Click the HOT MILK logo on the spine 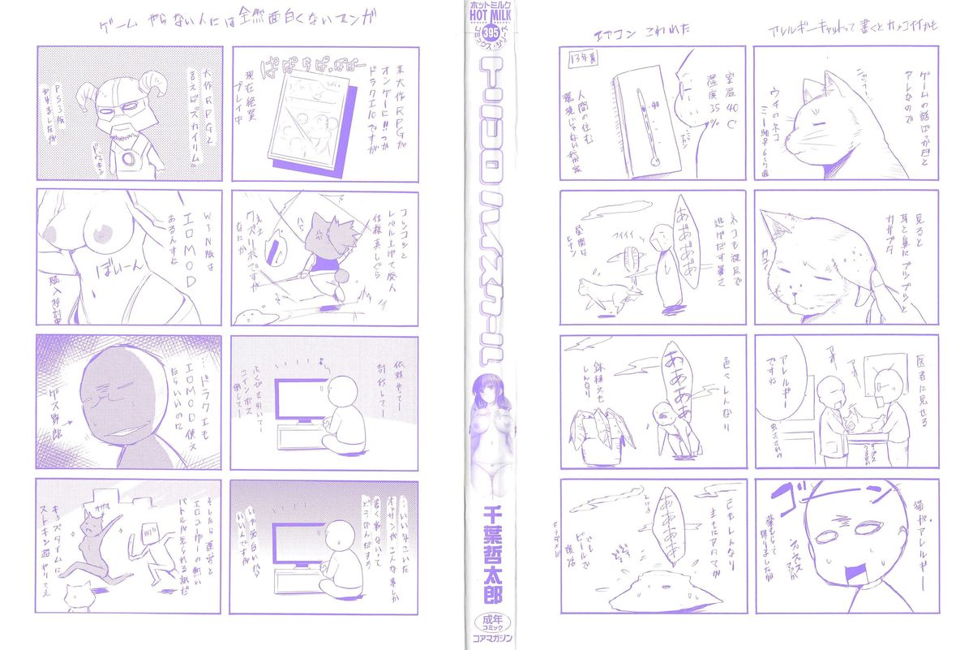point(486,19)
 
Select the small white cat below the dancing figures point(79,592)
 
